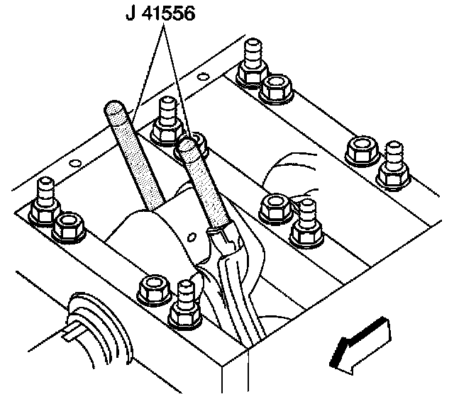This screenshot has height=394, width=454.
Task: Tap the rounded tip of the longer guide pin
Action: click(x=113, y=109)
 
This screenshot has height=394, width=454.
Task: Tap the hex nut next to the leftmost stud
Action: click(x=69, y=225)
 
